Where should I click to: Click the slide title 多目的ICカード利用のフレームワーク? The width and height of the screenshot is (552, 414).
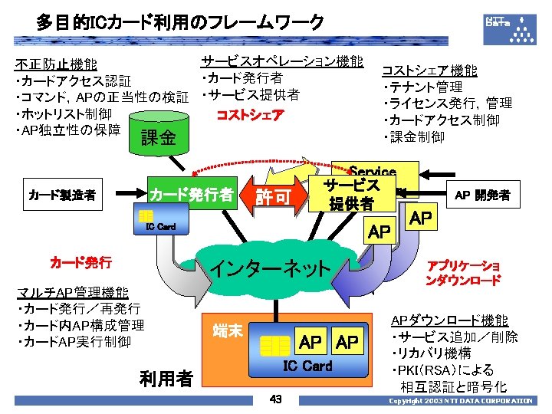coord(179,23)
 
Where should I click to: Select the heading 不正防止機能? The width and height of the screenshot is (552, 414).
coord(62,64)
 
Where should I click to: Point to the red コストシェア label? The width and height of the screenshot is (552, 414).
coord(251,115)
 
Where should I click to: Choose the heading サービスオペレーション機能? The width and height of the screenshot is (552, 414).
coord(281,61)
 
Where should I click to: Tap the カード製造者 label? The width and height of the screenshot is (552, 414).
coord(62,195)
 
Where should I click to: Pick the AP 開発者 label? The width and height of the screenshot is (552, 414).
coord(483,195)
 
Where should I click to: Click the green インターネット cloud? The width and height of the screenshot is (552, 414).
coord(271,268)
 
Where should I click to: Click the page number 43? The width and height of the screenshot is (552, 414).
coord(276,399)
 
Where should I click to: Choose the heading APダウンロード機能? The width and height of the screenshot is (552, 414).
coord(449,320)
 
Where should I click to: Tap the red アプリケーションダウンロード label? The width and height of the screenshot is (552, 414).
coord(463,273)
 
